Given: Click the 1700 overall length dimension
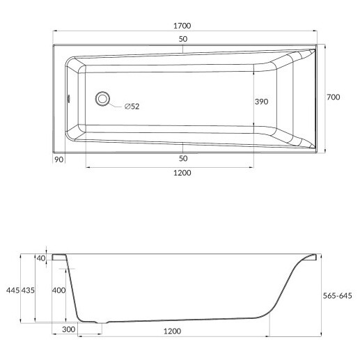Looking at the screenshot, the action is click(182, 26).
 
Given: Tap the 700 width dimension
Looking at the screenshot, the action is click(334, 97).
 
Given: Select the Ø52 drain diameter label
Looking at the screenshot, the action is click(132, 107).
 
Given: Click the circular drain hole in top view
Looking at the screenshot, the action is click(102, 99).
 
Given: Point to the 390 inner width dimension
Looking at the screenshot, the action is click(261, 102).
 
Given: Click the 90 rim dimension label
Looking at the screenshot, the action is click(58, 159).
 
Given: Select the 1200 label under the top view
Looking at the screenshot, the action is click(182, 173).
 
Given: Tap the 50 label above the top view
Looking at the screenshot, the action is click(183, 39).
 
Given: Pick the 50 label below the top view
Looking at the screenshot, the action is click(183, 159).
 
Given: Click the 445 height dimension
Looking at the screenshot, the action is click(13, 290).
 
